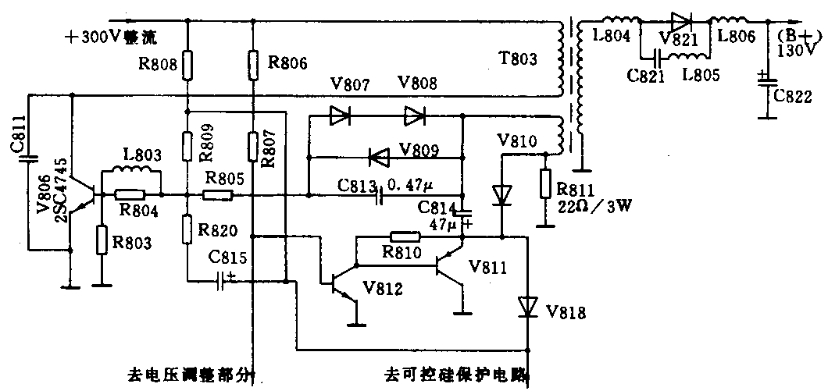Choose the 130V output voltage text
click(797, 48)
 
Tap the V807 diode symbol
click(339, 117)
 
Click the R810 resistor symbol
click(404, 236)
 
